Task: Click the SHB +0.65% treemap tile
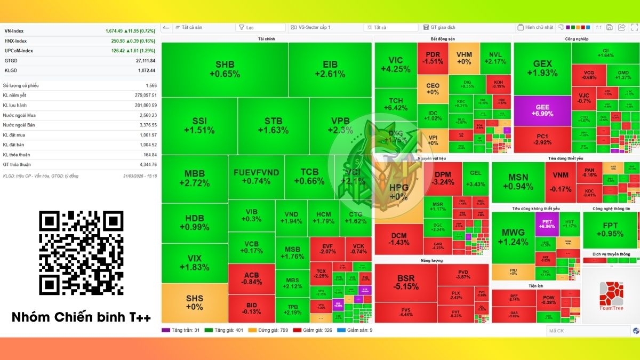pyautogui.click(x=225, y=69)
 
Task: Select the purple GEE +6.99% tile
pyautogui.click(x=542, y=111)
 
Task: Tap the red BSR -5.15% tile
pyautogui.click(x=405, y=282)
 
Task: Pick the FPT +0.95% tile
pyautogui.click(x=610, y=230)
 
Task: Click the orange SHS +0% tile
pyautogui.click(x=194, y=302)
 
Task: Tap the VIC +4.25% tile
pyautogui.click(x=395, y=65)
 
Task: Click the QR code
pyautogui.click(x=81, y=253)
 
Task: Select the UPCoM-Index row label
pyautogui.click(x=19, y=51)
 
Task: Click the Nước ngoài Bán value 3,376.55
pyautogui.click(x=145, y=125)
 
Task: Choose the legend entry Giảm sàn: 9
pyautogui.click(x=360, y=331)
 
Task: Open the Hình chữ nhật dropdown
pyautogui.click(x=539, y=27)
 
